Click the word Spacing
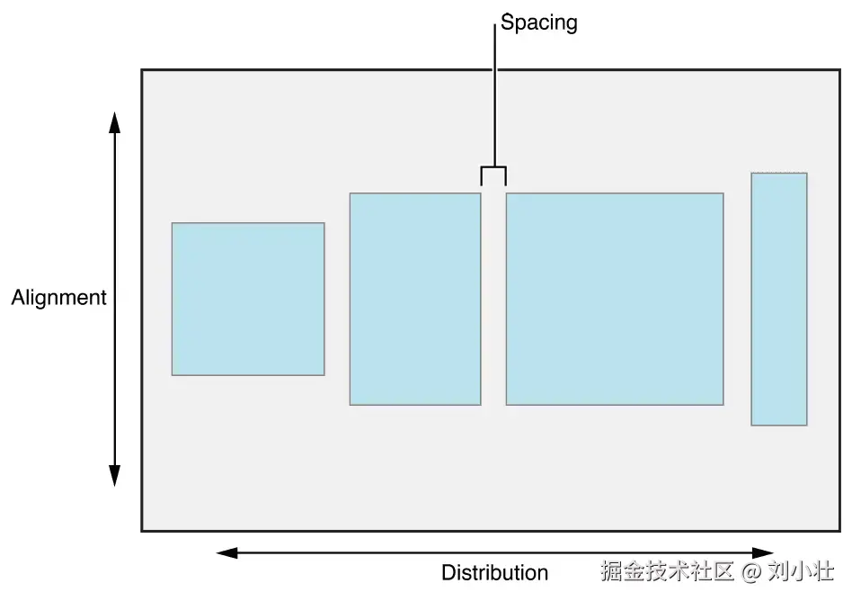(x=538, y=22)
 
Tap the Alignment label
(x=58, y=298)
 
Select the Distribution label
(x=494, y=573)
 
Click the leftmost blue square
(x=248, y=299)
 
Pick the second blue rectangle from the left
(x=415, y=299)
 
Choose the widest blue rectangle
(x=615, y=299)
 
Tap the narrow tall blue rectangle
(x=779, y=299)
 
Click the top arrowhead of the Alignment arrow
(x=114, y=121)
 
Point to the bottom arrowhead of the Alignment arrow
(x=114, y=476)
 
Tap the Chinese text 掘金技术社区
(x=668, y=571)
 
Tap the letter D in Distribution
(x=448, y=573)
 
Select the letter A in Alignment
(x=18, y=298)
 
